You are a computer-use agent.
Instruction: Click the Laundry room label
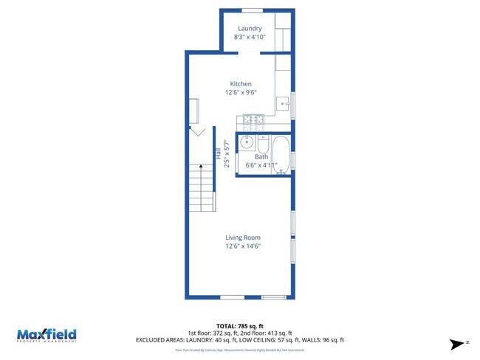(250, 28)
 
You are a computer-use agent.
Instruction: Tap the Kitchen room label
(241, 84)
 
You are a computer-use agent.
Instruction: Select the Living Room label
(243, 238)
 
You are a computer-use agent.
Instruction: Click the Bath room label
(261, 157)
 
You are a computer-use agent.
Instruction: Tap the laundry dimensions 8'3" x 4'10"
(250, 37)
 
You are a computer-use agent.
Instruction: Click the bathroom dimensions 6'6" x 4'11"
(261, 165)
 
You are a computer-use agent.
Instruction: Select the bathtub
(281, 155)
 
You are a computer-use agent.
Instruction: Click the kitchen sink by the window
(283, 104)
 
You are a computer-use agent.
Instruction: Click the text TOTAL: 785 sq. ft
(240, 325)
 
